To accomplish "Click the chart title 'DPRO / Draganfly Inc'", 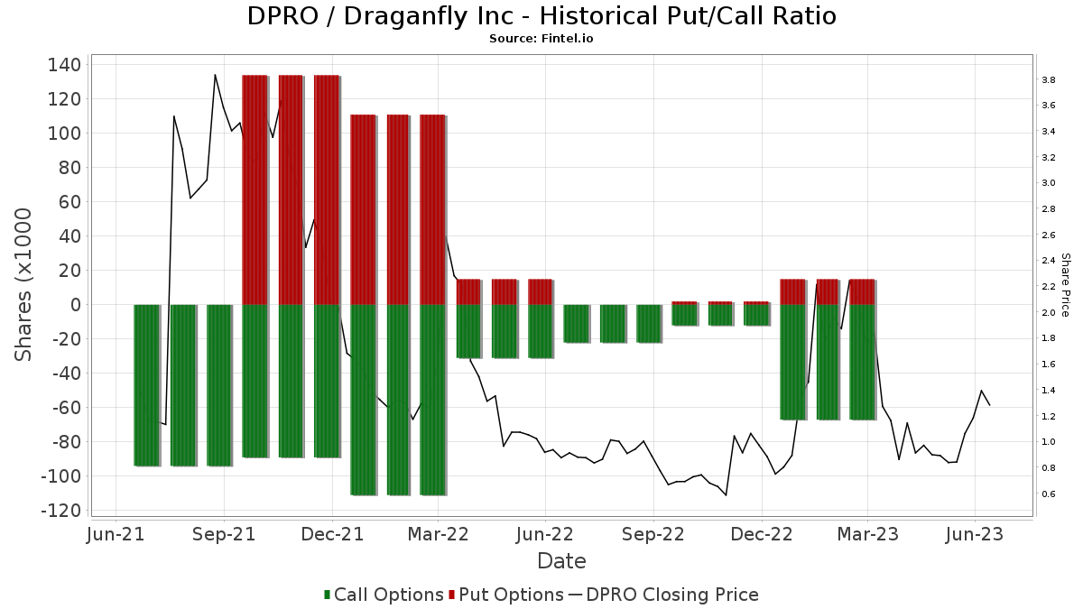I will pyautogui.click(x=541, y=16).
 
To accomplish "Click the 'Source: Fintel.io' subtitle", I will pyautogui.click(x=541, y=39).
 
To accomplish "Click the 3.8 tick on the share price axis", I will pyautogui.click(x=1048, y=80).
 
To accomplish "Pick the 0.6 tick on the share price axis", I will pyautogui.click(x=1048, y=494).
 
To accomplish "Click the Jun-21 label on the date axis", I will pyautogui.click(x=116, y=534).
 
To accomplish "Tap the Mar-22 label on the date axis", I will pyautogui.click(x=438, y=534).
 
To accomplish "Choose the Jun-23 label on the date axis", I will pyautogui.click(x=975, y=534).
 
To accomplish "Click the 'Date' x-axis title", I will pyautogui.click(x=561, y=561).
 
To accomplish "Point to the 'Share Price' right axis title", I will pyautogui.click(x=1065, y=284).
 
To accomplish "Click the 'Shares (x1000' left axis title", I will pyautogui.click(x=24, y=284).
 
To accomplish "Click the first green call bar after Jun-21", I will pyautogui.click(x=146, y=385).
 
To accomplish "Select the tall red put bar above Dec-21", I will pyautogui.click(x=326, y=189).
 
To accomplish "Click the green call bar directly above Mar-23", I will pyautogui.click(x=862, y=362).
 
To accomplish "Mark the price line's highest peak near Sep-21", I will pyautogui.click(x=215, y=75).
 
